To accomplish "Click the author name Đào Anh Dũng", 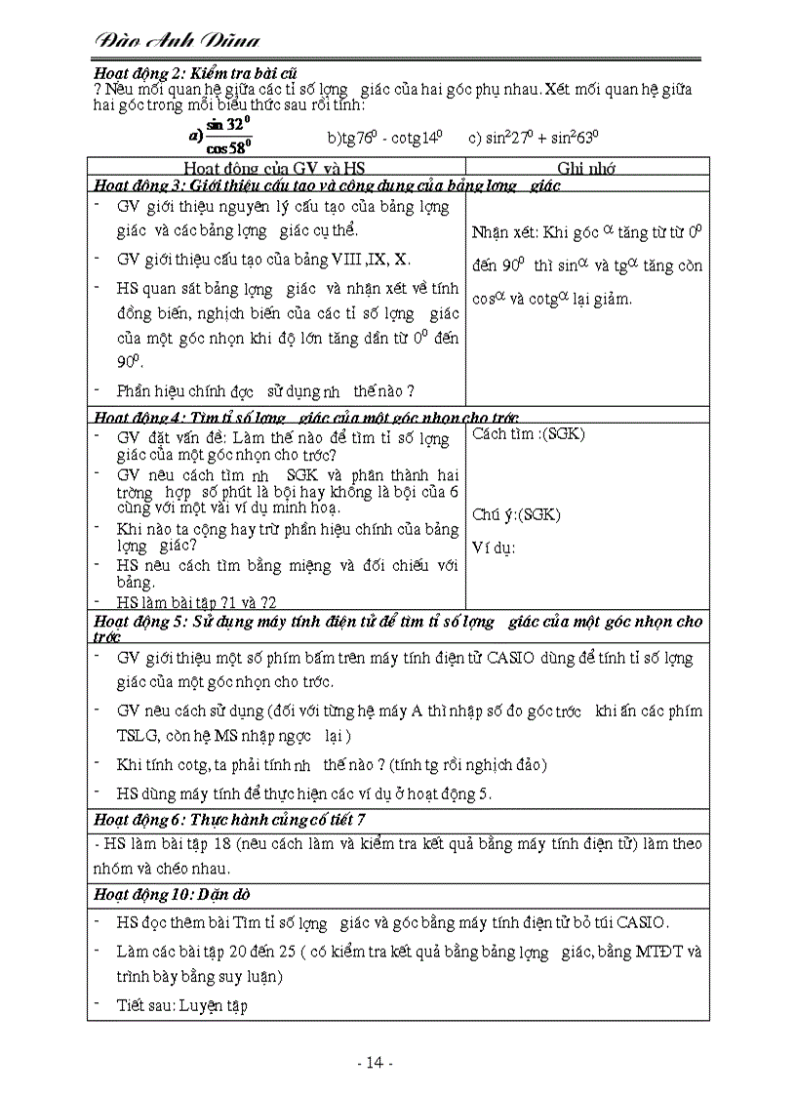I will (x=178, y=40).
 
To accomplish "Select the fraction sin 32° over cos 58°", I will (x=227, y=136).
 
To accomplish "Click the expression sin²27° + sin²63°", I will (x=534, y=138).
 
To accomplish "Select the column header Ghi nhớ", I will (x=585, y=168).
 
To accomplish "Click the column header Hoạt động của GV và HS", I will (x=274, y=168).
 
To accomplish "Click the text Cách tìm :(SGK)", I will (x=529, y=434).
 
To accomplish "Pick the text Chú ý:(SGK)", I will (x=516, y=514).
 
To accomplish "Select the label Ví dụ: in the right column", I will (x=494, y=547).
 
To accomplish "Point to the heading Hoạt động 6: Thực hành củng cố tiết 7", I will (x=229, y=819).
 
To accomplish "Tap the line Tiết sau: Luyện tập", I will (x=181, y=1005).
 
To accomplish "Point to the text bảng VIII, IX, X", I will (x=363, y=258).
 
